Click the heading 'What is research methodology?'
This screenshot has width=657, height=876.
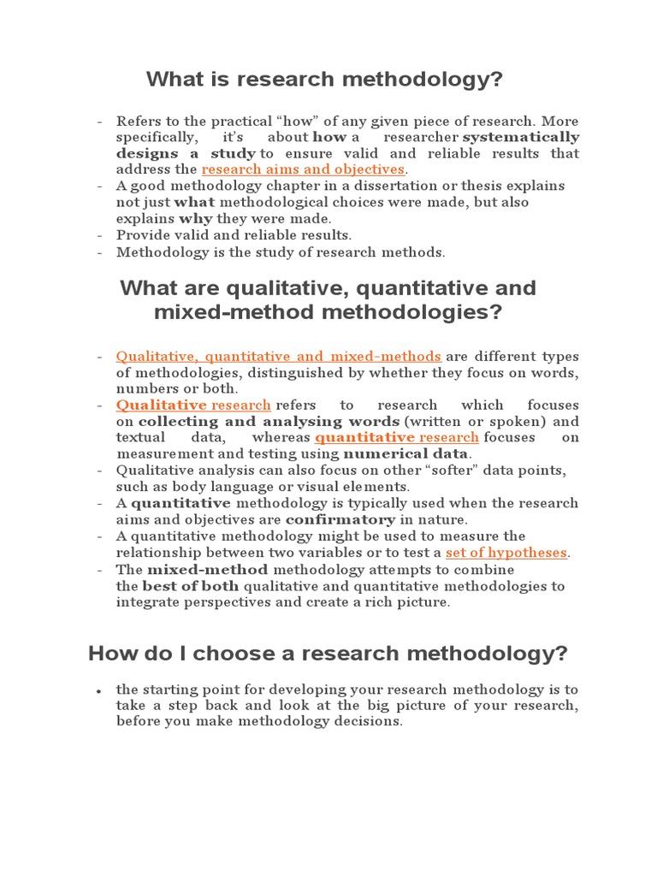tap(324, 80)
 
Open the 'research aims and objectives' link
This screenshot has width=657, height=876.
tap(303, 169)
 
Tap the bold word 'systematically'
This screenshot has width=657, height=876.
tap(521, 137)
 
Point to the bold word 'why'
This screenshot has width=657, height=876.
tap(195, 218)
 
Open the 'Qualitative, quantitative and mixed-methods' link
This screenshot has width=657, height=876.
tap(279, 356)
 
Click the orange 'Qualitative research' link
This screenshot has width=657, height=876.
tap(193, 405)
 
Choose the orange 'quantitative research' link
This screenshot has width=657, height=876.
tap(397, 437)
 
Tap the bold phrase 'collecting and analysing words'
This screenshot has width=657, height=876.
tap(269, 421)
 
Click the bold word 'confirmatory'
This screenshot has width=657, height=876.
tap(340, 519)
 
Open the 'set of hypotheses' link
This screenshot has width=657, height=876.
tap(506, 553)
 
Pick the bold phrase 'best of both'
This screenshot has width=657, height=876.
tap(191, 586)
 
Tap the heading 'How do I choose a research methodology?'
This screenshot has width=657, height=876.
tap(328, 654)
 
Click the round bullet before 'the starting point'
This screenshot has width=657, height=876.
tap(100, 690)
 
